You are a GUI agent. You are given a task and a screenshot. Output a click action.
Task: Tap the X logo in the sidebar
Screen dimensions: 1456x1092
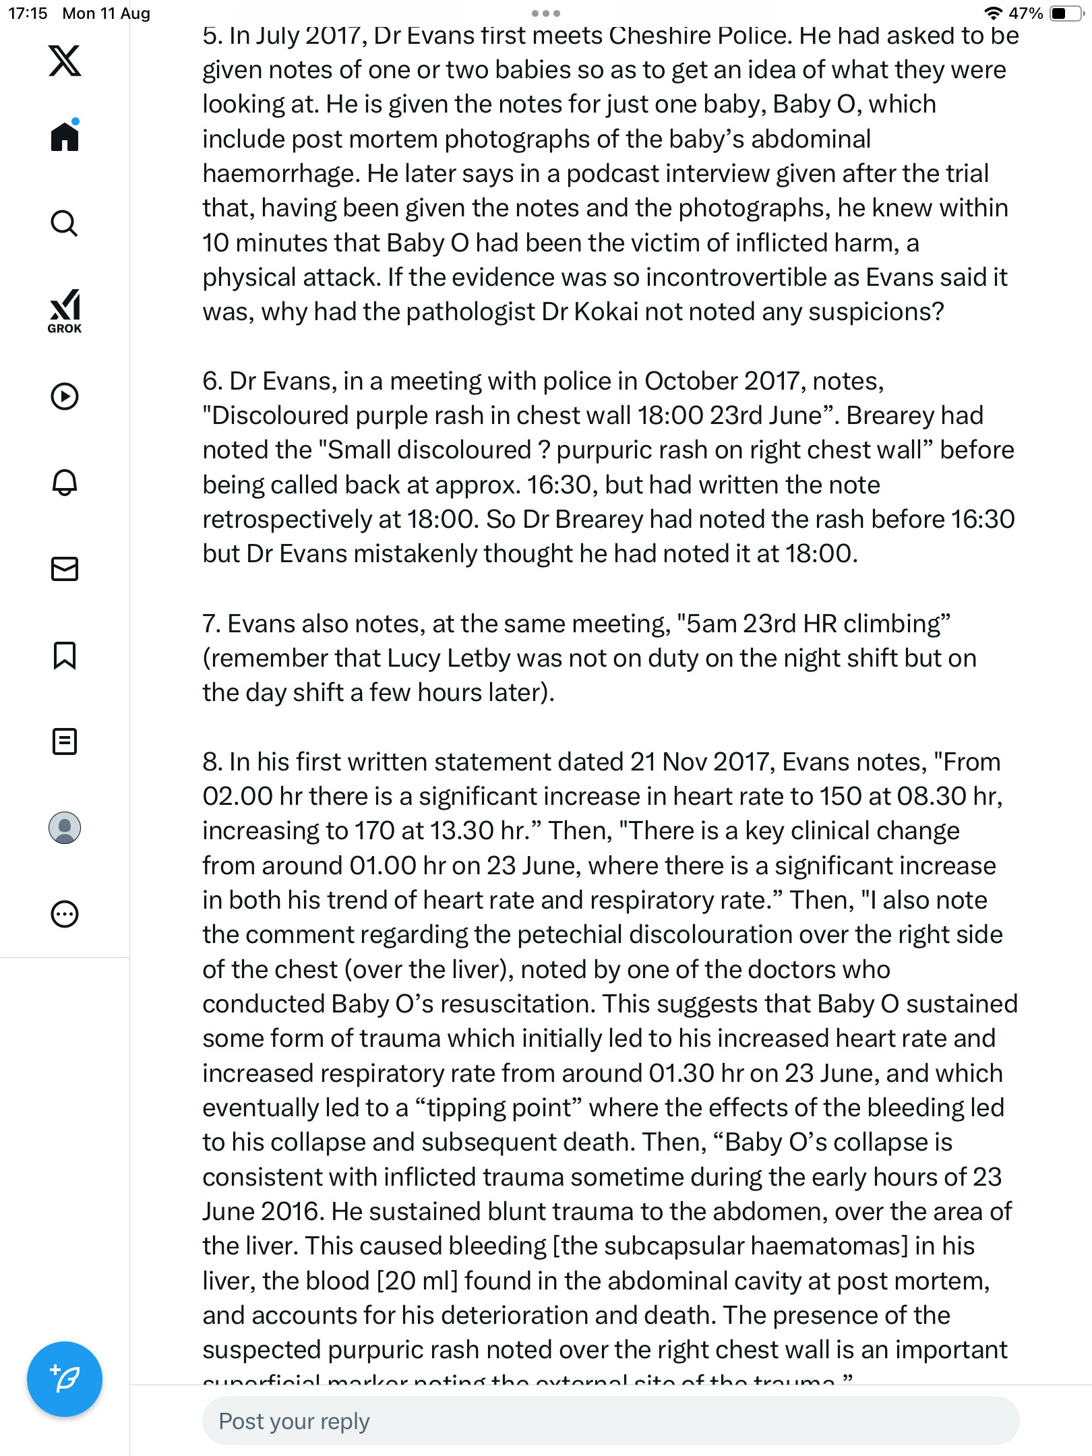(x=65, y=61)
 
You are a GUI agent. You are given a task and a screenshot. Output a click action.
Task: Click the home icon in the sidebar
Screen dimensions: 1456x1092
(x=65, y=137)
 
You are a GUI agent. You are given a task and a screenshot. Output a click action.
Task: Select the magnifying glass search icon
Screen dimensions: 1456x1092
(x=65, y=223)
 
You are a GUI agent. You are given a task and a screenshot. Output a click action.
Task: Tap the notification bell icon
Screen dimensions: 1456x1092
(x=65, y=483)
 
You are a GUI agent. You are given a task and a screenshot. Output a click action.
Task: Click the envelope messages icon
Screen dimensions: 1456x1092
(x=65, y=569)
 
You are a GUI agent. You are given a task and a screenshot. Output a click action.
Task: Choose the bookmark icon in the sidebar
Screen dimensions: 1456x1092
(x=65, y=655)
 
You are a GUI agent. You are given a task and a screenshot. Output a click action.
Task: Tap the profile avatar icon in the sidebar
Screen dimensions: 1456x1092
(x=65, y=828)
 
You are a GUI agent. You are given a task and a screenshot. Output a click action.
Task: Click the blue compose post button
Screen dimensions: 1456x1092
(x=65, y=1379)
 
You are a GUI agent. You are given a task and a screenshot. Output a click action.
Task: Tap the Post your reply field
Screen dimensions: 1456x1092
(x=610, y=1421)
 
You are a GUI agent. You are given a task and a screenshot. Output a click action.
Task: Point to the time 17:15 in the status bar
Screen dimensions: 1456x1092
(x=28, y=13)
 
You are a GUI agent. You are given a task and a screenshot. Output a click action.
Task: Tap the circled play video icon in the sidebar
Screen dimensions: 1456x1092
(x=65, y=396)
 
